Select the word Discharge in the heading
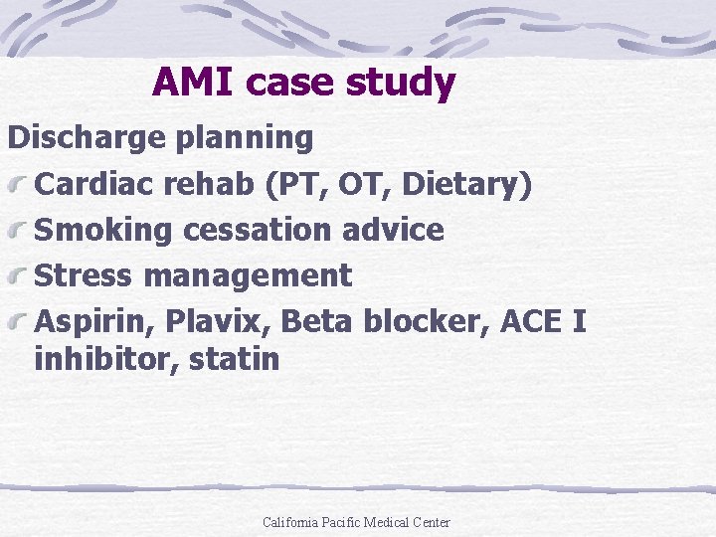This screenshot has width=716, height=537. click(88, 138)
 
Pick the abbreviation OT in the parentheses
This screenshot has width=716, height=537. click(342, 184)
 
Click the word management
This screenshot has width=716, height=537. click(248, 276)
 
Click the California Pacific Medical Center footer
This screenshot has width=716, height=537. click(356, 522)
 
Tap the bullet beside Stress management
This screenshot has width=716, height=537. click(20, 277)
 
